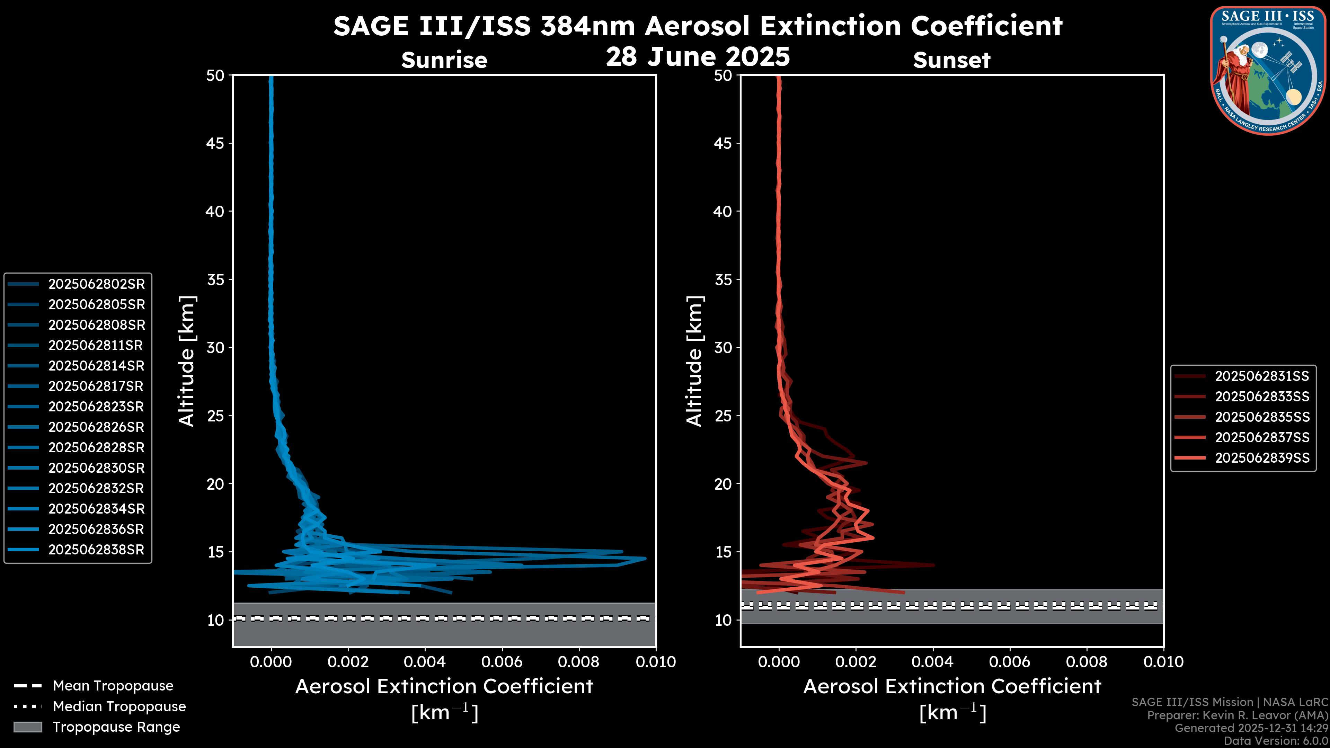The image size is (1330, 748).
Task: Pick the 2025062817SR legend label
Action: pos(96,386)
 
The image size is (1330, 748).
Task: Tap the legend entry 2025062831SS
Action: pos(1262,376)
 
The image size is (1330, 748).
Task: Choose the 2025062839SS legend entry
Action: pos(1262,458)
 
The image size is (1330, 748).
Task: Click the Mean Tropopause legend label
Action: pos(113,686)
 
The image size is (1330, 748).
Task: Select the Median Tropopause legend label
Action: pos(119,707)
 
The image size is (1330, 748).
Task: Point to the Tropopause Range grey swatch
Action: pos(27,727)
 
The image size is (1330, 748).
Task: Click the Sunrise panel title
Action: pos(444,60)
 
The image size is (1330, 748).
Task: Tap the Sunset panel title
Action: pos(951,60)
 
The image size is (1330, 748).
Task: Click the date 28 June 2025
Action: pos(698,57)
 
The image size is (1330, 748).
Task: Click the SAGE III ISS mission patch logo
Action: pos(1268,71)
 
